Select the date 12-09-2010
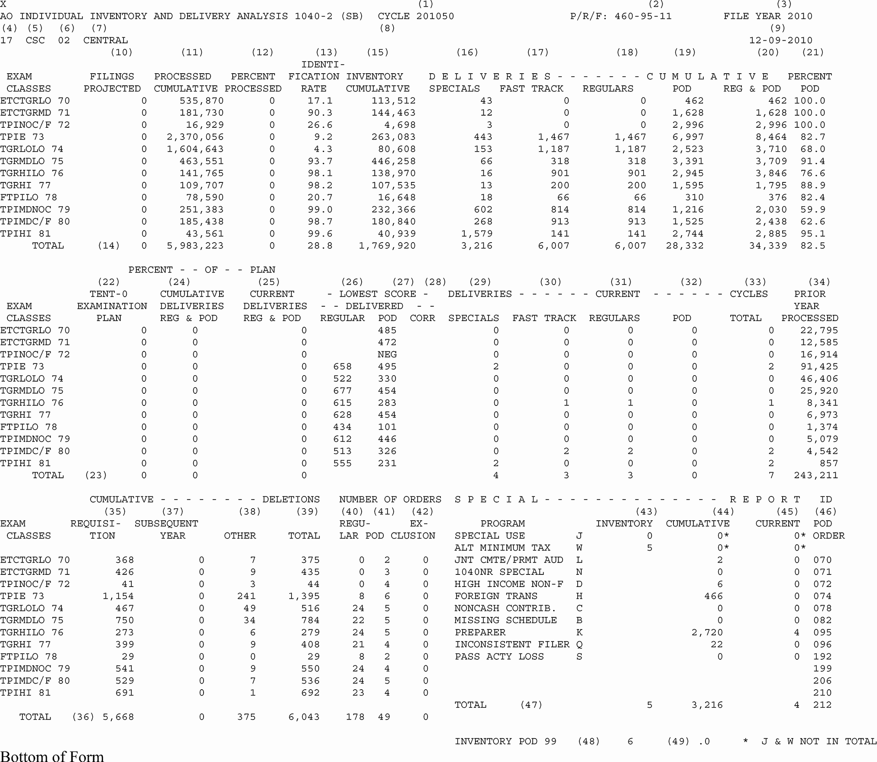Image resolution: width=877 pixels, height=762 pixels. [x=780, y=40]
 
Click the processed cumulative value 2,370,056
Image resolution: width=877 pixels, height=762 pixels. [x=195, y=137]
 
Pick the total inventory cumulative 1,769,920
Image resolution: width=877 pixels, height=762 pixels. [x=387, y=246]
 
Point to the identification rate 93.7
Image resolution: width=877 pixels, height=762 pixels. [x=320, y=162]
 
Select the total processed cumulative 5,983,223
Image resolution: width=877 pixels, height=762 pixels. [x=195, y=246]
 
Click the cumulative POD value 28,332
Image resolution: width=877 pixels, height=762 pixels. [x=685, y=246]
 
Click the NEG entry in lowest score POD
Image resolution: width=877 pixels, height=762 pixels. [x=387, y=355]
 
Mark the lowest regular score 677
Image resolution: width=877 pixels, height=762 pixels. [x=342, y=391]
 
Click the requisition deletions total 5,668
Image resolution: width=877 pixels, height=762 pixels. [x=118, y=717]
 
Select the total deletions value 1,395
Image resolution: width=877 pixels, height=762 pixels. [x=304, y=597]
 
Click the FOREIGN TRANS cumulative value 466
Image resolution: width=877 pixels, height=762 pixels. [x=713, y=597]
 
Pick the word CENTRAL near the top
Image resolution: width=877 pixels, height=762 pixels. [x=106, y=40]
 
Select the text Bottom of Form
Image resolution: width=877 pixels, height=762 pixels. [x=52, y=756]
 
